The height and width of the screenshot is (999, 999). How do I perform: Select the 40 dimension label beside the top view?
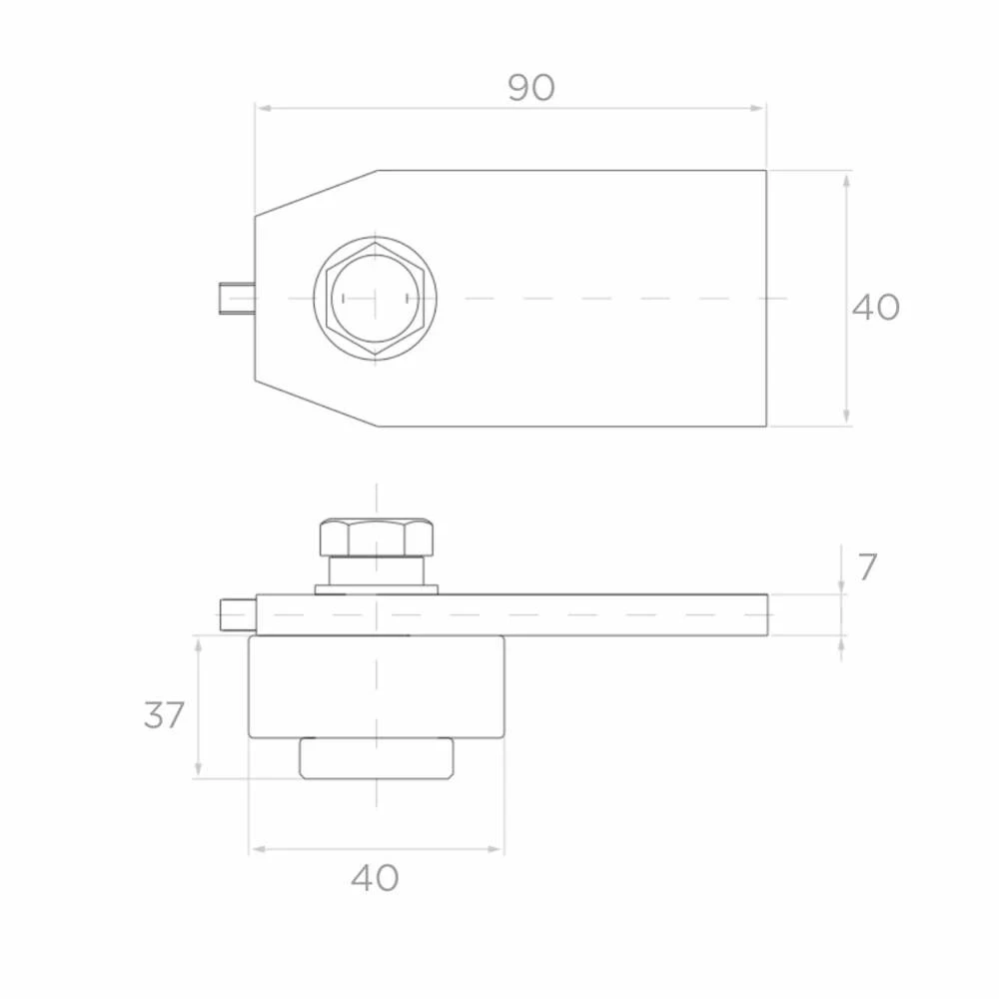[x=875, y=307]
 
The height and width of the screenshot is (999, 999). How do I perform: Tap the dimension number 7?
[x=867, y=566]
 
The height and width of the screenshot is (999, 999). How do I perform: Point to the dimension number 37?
[x=165, y=715]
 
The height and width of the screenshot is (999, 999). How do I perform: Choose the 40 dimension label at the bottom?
[x=375, y=878]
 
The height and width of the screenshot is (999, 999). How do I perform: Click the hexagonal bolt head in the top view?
[x=375, y=298]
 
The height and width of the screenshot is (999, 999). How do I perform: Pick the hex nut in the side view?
[x=377, y=537]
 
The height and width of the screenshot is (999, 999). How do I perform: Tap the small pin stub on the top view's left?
[x=237, y=298]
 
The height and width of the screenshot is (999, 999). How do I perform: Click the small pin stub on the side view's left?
[x=239, y=614]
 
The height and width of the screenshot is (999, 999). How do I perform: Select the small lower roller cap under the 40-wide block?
[x=377, y=759]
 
